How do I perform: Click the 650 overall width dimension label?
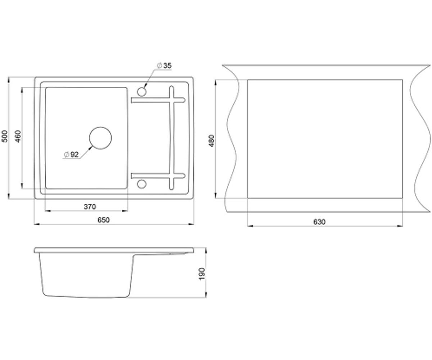pos(103,220)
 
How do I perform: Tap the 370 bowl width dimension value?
pos(90,207)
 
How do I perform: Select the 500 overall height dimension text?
pos(5,136)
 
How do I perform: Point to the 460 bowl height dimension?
pos(18,136)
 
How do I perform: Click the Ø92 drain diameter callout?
pos(71,154)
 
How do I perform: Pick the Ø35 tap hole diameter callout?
pos(164,66)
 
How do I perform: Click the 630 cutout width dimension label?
pos(319,222)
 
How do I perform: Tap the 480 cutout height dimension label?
pos(212,141)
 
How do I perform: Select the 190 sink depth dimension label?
pos(202,274)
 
